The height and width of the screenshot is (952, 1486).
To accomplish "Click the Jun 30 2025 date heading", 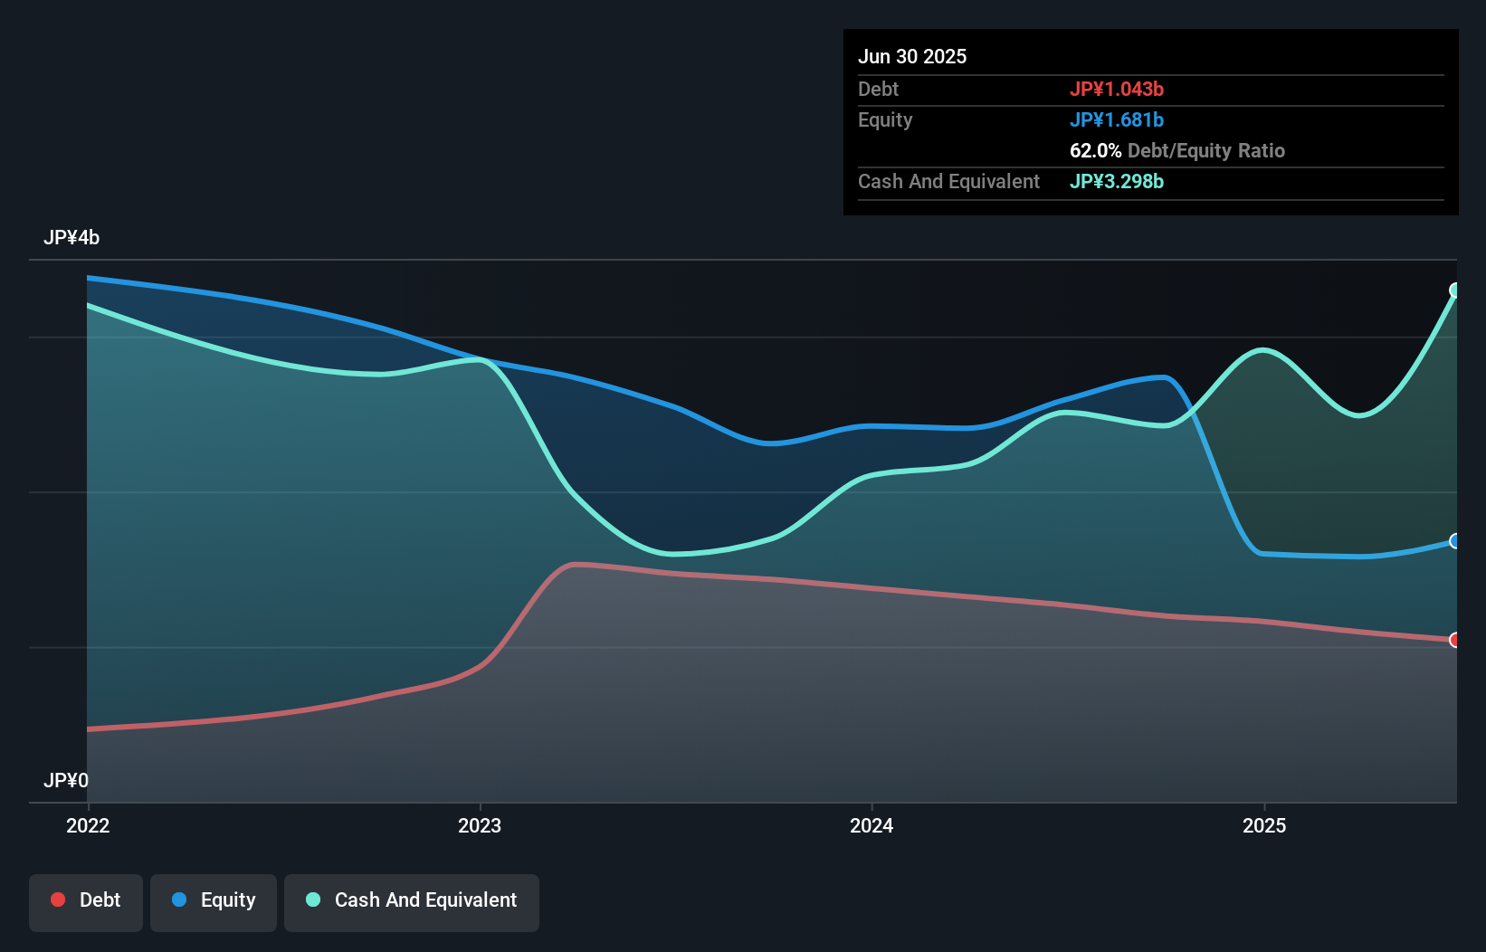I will pyautogui.click(x=911, y=56).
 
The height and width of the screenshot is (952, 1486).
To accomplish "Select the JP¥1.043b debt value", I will pyautogui.click(x=1116, y=89).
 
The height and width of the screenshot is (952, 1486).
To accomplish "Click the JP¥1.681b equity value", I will pyautogui.click(x=1116, y=119).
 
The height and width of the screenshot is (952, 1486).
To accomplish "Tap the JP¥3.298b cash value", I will pyautogui.click(x=1116, y=181).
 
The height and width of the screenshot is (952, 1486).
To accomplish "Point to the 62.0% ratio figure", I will pyautogui.click(x=1095, y=150).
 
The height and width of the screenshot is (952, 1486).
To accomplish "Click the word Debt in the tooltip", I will pyautogui.click(x=878, y=89).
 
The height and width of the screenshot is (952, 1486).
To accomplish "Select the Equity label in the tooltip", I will pyautogui.click(x=884, y=119).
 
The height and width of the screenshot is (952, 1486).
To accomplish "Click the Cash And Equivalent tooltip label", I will pyautogui.click(x=948, y=181).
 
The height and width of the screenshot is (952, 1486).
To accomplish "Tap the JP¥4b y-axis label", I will pyautogui.click(x=71, y=237).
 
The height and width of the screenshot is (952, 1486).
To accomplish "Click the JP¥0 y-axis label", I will pyautogui.click(x=66, y=780).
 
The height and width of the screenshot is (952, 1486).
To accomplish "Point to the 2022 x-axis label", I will pyautogui.click(x=88, y=825).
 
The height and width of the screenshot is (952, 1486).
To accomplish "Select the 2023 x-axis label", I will pyautogui.click(x=480, y=825).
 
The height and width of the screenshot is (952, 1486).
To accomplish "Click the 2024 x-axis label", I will pyautogui.click(x=872, y=825).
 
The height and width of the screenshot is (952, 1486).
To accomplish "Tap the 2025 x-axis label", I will pyautogui.click(x=1264, y=825).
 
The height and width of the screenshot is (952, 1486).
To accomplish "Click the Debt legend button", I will pyautogui.click(x=86, y=900).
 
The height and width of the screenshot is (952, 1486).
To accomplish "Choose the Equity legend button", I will pyautogui.click(x=214, y=900).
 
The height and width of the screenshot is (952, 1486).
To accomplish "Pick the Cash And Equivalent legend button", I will pyautogui.click(x=412, y=900).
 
